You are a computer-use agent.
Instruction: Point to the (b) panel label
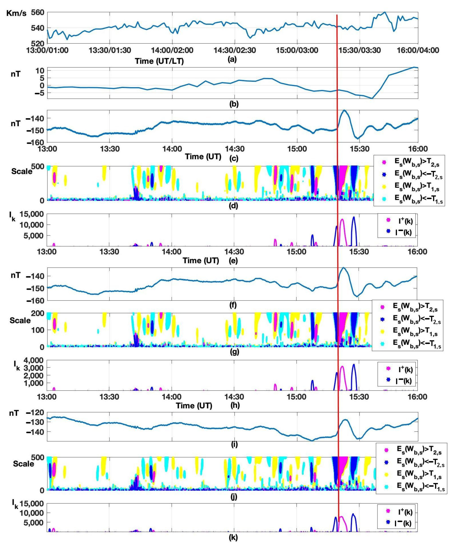233,104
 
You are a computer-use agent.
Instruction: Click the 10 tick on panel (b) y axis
39,71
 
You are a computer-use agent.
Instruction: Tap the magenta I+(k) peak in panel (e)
342,220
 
